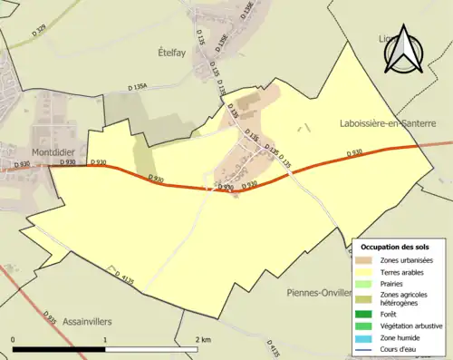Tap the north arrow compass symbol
click(402, 49)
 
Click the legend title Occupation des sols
click(394, 246)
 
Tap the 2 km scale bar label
click(204, 339)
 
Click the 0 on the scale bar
click(14, 339)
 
